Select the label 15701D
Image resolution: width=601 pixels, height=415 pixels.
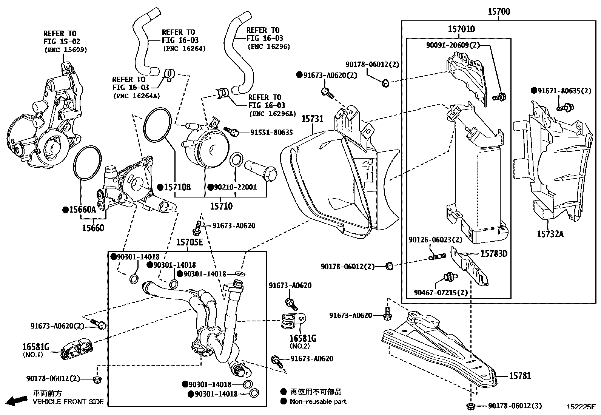tap(461, 29)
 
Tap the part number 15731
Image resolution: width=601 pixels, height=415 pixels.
tap(312, 119)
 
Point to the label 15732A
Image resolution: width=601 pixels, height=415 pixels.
tap(550, 234)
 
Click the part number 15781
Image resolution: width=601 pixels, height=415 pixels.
tap(520, 375)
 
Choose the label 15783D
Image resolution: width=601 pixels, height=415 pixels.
tap(494, 253)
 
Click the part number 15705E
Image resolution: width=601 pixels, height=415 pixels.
tap(190, 242)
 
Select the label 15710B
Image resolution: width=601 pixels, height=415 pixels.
tap(177, 187)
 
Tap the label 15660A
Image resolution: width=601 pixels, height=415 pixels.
tap(82, 210)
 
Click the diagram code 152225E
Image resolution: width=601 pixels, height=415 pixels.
tap(581, 407)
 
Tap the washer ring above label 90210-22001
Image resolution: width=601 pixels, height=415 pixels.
tap(236, 160)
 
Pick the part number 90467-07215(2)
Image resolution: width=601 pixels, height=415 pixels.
tap(441, 293)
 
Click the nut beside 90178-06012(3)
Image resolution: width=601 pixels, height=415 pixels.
tap(471, 406)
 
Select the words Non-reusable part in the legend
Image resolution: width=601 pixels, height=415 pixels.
tap(318, 401)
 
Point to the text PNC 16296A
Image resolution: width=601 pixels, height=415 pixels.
tap(272, 114)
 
